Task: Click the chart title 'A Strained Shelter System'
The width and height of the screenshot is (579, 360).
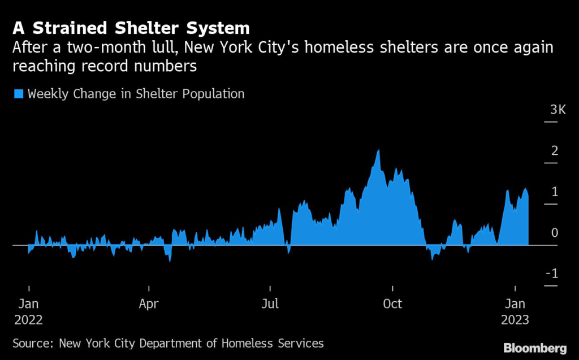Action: click(131, 28)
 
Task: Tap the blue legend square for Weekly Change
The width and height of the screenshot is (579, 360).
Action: click(19, 94)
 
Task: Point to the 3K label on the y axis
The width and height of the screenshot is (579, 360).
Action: click(558, 110)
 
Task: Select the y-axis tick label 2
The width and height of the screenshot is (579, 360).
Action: click(555, 151)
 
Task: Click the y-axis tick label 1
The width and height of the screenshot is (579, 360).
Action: click(555, 192)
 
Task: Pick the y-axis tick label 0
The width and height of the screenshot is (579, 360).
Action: click(555, 233)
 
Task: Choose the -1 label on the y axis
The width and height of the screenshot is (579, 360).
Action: click(552, 274)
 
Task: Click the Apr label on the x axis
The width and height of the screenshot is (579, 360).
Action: click(148, 304)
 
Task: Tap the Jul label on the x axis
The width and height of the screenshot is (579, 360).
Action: click(270, 304)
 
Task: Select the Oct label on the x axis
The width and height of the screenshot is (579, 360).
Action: click(392, 304)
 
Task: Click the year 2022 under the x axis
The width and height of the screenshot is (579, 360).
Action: click(28, 320)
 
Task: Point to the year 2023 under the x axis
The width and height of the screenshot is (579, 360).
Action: click(515, 320)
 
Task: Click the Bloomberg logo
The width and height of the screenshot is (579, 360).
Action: click(534, 346)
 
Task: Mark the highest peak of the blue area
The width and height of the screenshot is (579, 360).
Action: click(378, 150)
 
